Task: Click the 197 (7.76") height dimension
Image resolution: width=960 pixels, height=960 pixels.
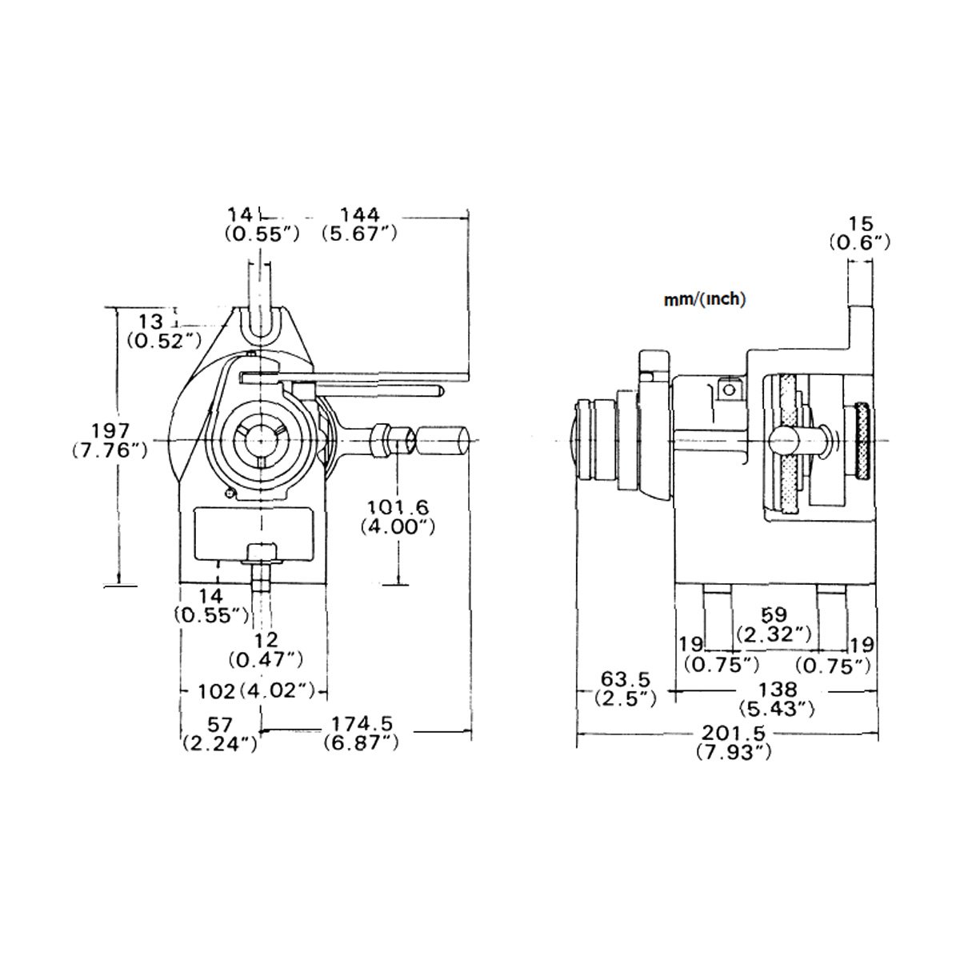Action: coord(109,441)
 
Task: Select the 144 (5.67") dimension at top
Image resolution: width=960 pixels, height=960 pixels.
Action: coord(360,224)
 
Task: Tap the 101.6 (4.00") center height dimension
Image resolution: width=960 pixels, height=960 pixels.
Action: coord(397,516)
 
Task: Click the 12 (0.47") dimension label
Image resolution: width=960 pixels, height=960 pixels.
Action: coord(265,649)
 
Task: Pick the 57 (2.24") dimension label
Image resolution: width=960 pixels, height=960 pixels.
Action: coord(219,734)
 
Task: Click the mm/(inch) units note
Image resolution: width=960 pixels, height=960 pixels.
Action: coord(705,300)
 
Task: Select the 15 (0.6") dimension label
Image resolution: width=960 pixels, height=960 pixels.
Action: coord(860,232)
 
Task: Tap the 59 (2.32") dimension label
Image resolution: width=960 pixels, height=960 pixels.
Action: coord(775,625)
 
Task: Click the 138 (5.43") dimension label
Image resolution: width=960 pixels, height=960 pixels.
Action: coord(778,698)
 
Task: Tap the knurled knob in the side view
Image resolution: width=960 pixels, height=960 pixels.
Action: coord(861,442)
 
